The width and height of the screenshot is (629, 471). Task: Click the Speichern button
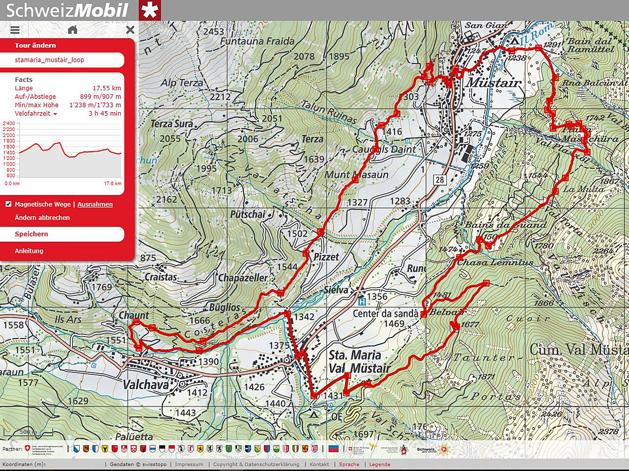(x=31, y=234)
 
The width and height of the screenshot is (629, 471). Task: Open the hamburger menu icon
(x=15, y=30)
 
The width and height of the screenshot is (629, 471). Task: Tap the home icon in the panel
(x=73, y=30)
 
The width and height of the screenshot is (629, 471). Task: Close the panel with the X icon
(x=130, y=30)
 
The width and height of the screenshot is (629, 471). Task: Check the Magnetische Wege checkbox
(x=8, y=204)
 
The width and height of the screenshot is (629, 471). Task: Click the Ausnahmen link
(x=95, y=204)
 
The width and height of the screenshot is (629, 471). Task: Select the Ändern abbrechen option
(x=42, y=217)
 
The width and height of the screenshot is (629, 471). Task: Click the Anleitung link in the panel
(x=29, y=251)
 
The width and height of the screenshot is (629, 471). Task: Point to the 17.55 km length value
(x=107, y=88)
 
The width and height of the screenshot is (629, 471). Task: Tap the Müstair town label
(x=493, y=82)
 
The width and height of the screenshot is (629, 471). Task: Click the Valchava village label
(x=145, y=384)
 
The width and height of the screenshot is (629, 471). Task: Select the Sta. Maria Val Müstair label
(x=359, y=362)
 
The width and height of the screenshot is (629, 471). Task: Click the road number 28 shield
(x=439, y=180)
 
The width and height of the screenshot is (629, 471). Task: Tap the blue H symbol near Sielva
(x=362, y=302)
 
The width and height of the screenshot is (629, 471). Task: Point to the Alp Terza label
(x=182, y=83)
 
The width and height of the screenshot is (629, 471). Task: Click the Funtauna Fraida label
(x=257, y=41)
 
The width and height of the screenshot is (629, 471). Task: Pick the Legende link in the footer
(x=379, y=464)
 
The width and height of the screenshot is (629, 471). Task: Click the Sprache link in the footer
(x=349, y=464)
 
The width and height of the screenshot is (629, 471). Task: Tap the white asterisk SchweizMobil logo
(x=149, y=10)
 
